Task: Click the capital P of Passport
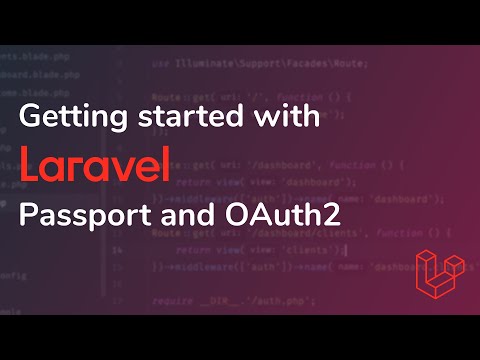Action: point(27,213)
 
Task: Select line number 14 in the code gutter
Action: point(118,248)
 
